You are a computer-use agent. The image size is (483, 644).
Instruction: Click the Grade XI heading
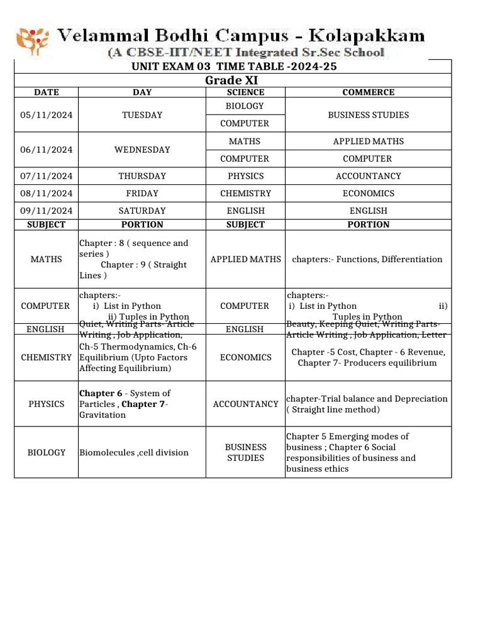coord(232,80)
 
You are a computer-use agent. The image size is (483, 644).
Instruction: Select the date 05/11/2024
coord(46,115)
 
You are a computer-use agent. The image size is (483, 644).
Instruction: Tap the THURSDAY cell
coord(142,176)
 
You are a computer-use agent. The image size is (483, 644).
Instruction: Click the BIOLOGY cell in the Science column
coord(245,106)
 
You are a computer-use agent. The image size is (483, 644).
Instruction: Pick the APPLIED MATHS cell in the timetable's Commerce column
coord(368,142)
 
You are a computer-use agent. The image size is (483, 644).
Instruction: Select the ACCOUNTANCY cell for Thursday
coord(368,176)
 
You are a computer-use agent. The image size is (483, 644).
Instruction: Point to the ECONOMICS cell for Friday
coord(368,194)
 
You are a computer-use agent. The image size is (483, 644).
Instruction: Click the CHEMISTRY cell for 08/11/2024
coord(245,194)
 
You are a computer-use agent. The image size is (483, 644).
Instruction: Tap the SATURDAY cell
coord(142,211)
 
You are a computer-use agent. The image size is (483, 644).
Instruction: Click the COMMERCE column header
coord(368,92)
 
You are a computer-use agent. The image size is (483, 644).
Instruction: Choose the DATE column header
coord(46,92)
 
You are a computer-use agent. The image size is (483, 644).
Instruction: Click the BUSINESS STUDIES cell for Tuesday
coord(368,115)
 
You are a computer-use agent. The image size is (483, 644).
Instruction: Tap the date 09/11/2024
coord(46,211)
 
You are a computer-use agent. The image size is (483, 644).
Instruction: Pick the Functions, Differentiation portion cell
coord(367,259)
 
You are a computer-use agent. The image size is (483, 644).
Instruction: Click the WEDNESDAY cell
coord(142,150)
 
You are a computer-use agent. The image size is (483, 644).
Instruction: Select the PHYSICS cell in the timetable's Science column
coord(245,176)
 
